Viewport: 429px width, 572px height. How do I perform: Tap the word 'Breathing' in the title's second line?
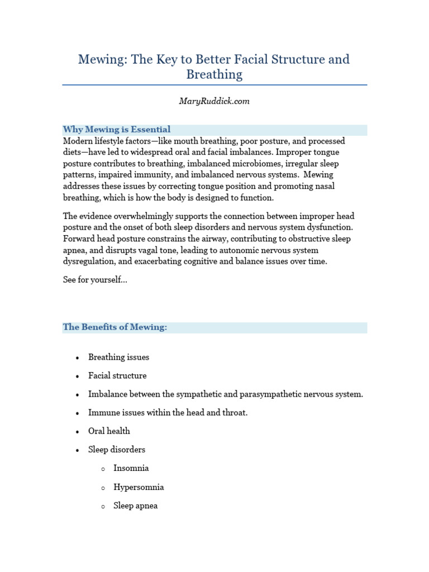pos(214,74)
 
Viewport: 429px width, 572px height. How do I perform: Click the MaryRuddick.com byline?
pos(214,101)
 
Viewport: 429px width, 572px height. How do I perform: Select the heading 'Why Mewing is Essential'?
pos(117,130)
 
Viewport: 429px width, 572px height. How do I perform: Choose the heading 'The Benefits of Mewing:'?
pos(115,327)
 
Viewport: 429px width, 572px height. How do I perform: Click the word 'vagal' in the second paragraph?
pos(149,250)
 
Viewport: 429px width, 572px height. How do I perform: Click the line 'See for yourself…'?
pos(95,280)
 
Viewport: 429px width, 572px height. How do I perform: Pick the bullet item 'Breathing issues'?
pos(118,357)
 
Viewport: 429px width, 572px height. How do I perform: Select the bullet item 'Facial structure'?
pos(117,375)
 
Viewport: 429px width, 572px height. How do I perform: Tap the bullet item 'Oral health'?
pos(109,431)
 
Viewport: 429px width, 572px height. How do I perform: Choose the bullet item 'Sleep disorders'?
pos(117,450)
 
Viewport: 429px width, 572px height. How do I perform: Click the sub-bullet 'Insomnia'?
pos(131,468)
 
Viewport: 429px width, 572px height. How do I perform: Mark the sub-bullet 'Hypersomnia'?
pos(139,487)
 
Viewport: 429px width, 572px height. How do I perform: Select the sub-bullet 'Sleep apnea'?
pos(136,506)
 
